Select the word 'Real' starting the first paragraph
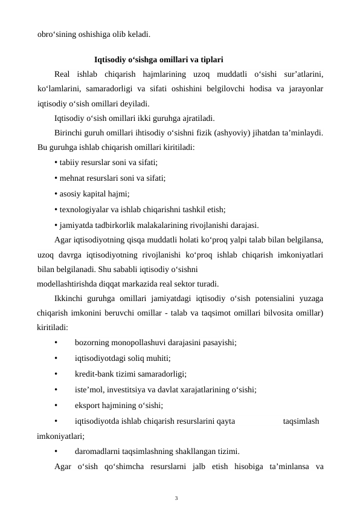(x=62, y=74)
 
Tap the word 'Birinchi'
(x=69, y=132)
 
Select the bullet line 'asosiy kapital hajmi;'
(x=91, y=194)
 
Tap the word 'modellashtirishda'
(x=67, y=284)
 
